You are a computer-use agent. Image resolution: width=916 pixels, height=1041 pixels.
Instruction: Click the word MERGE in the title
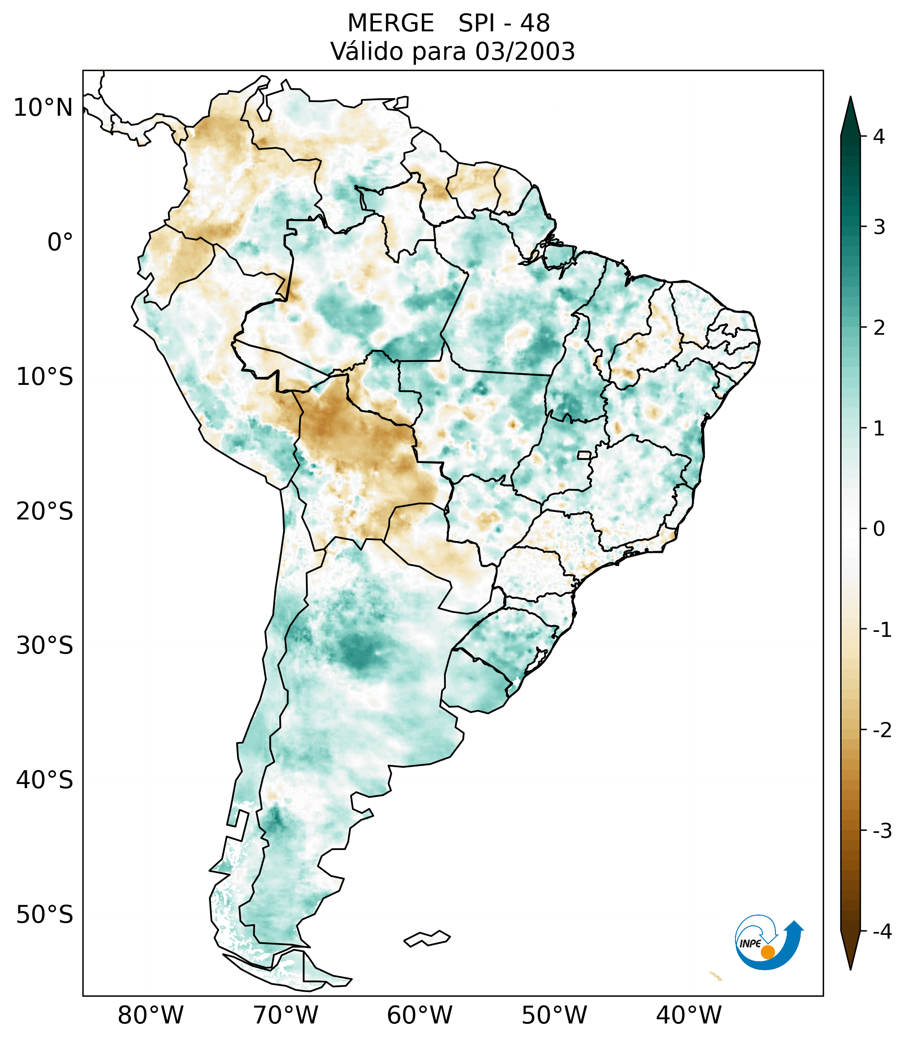(x=390, y=23)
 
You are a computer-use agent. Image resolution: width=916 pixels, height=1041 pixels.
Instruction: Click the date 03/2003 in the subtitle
(x=525, y=51)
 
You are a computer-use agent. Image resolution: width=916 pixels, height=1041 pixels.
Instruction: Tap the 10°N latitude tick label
(x=43, y=108)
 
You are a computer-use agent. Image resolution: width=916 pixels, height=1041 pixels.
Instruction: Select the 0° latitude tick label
(x=60, y=242)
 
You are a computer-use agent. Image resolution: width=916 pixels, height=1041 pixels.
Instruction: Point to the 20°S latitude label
(x=45, y=512)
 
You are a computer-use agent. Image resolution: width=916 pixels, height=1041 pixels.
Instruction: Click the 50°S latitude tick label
(x=45, y=915)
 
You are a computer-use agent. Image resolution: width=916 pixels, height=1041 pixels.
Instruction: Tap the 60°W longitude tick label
(x=419, y=1016)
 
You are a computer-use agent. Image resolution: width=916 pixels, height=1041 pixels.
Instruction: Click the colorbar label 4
(x=879, y=137)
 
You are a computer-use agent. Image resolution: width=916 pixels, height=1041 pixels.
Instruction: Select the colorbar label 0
(x=879, y=529)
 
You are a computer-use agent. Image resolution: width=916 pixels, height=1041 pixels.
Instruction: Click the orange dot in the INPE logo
(x=768, y=952)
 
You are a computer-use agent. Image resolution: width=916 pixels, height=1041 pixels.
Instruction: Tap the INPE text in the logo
(x=750, y=944)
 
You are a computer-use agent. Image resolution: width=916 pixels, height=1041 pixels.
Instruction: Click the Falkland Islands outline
(x=427, y=938)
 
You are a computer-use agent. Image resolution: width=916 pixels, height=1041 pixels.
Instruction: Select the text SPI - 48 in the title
(x=504, y=23)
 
